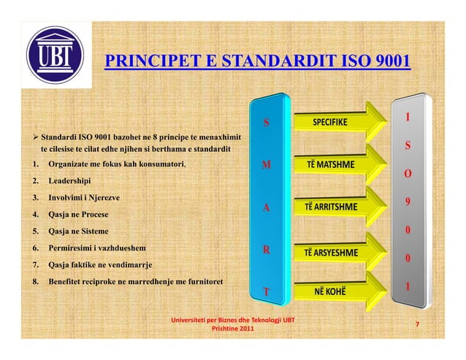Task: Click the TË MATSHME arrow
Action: pyautogui.click(x=337, y=164)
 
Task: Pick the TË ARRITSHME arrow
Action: pyautogui.click(x=337, y=207)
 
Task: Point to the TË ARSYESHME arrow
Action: pyautogui.click(x=337, y=253)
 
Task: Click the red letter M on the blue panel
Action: pyautogui.click(x=267, y=166)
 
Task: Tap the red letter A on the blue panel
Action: pyautogui.click(x=267, y=208)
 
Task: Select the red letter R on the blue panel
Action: pyautogui.click(x=267, y=249)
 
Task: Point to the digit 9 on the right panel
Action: pyautogui.click(x=408, y=202)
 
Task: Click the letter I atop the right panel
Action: pyautogui.click(x=408, y=117)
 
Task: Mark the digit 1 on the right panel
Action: pyautogui.click(x=408, y=287)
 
